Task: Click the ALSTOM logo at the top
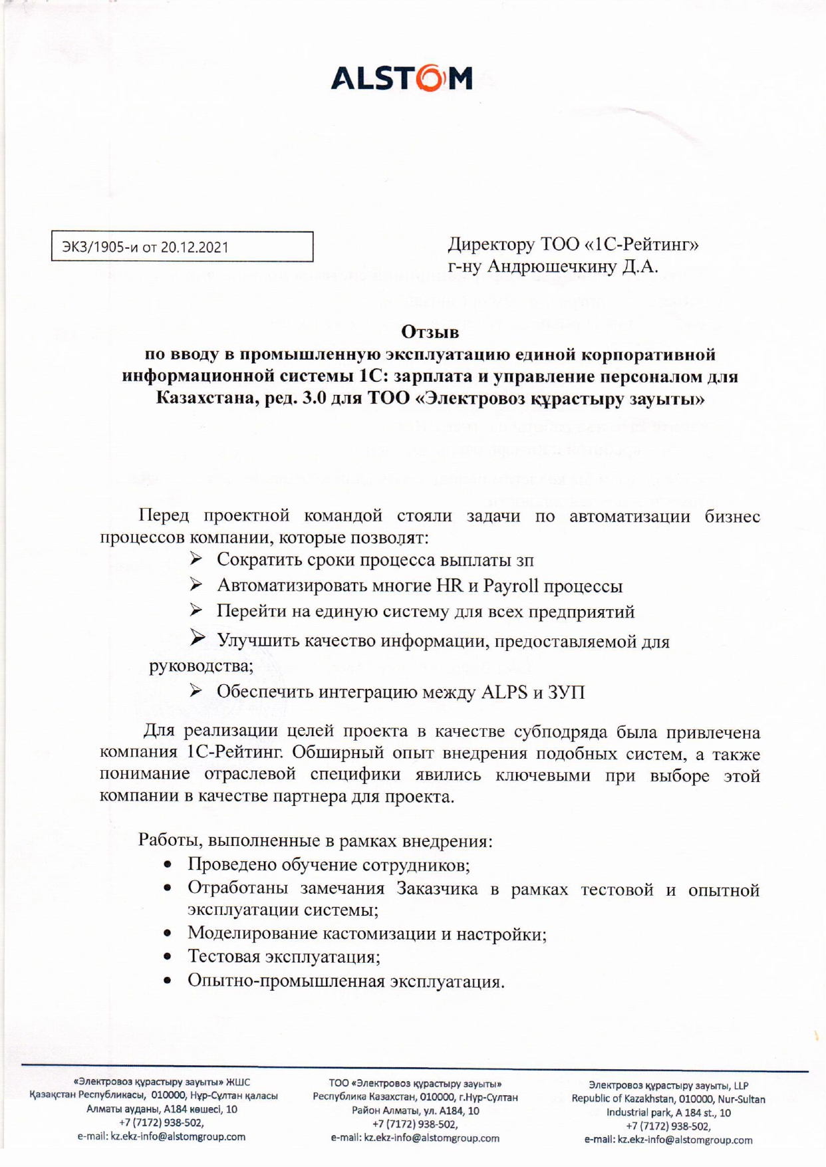click(402, 78)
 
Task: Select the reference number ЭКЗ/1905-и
click(100, 247)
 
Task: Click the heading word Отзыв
click(430, 331)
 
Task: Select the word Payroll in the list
click(511, 586)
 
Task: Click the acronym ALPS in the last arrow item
click(504, 692)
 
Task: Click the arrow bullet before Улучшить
click(198, 639)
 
